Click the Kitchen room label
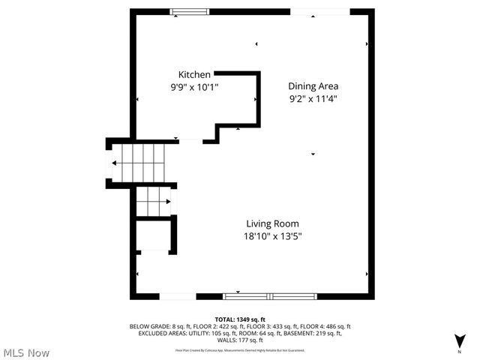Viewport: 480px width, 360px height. click(x=194, y=74)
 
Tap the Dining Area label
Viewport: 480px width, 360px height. click(x=313, y=86)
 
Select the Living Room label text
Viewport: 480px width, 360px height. click(x=273, y=223)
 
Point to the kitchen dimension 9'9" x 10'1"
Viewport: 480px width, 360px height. click(x=194, y=87)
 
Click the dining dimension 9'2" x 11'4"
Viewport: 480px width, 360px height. click(x=313, y=99)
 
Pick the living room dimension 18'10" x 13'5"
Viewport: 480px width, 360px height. click(x=273, y=236)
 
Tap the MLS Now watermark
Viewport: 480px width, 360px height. click(x=25, y=352)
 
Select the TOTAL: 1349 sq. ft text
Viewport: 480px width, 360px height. click(x=240, y=319)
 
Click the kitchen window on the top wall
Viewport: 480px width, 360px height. click(x=189, y=11)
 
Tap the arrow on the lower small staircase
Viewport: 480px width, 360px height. click(x=169, y=200)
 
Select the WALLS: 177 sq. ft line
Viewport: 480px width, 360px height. click(x=240, y=340)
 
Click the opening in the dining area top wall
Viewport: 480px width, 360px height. click(x=319, y=11)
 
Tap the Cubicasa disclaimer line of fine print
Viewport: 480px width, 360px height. click(x=240, y=349)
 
